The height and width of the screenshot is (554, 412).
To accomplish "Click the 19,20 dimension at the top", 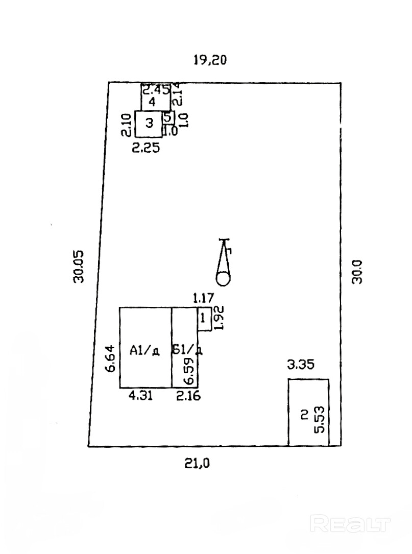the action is coord(210,60).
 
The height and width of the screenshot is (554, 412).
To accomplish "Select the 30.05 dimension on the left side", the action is coord(78,266).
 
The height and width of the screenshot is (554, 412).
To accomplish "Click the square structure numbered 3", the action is coord(149,124).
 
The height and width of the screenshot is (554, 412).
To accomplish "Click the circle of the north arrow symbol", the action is coord(223,279).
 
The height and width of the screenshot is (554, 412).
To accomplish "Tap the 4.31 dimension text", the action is coord(141,395).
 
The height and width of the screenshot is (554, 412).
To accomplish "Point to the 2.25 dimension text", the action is coord(146,149).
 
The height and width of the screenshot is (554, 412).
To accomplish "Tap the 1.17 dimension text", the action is coord(203,297).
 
